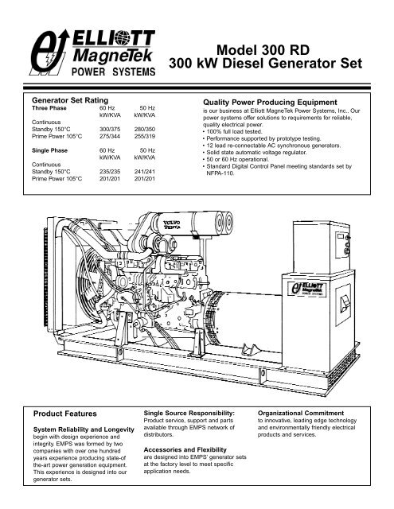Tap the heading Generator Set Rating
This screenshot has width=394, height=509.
(75, 102)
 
